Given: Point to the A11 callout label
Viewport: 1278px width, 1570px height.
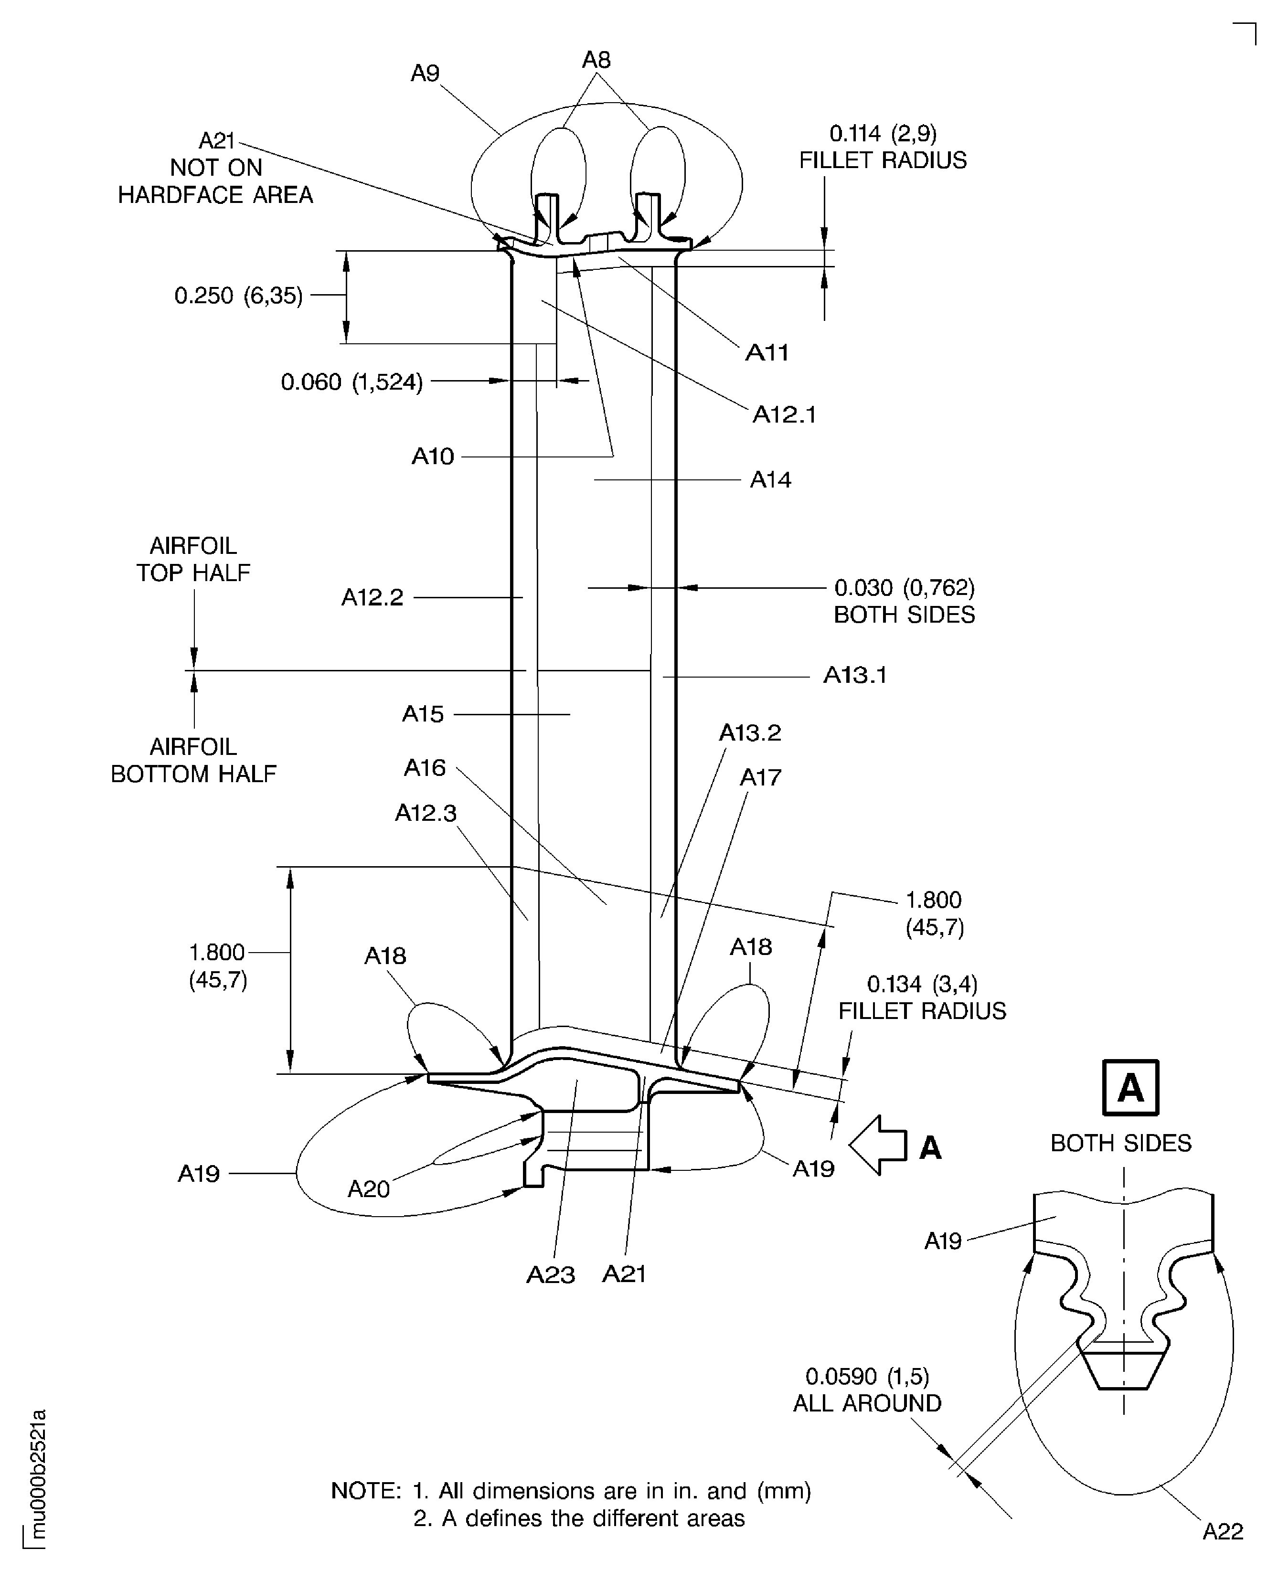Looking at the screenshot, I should point(767,352).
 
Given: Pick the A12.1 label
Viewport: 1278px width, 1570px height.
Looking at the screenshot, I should point(784,415).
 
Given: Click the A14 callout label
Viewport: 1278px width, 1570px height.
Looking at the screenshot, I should point(770,480).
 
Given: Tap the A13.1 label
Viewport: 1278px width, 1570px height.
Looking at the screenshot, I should point(855,675).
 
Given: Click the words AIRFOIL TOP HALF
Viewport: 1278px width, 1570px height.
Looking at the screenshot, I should point(193,560).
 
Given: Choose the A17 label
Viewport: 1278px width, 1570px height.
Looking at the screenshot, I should point(760,777).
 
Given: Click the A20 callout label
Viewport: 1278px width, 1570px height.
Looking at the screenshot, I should point(368,1189).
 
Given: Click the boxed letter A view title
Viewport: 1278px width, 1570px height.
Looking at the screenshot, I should point(1130,1087).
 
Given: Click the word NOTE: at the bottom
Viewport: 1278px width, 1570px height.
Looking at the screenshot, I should point(366,1491).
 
